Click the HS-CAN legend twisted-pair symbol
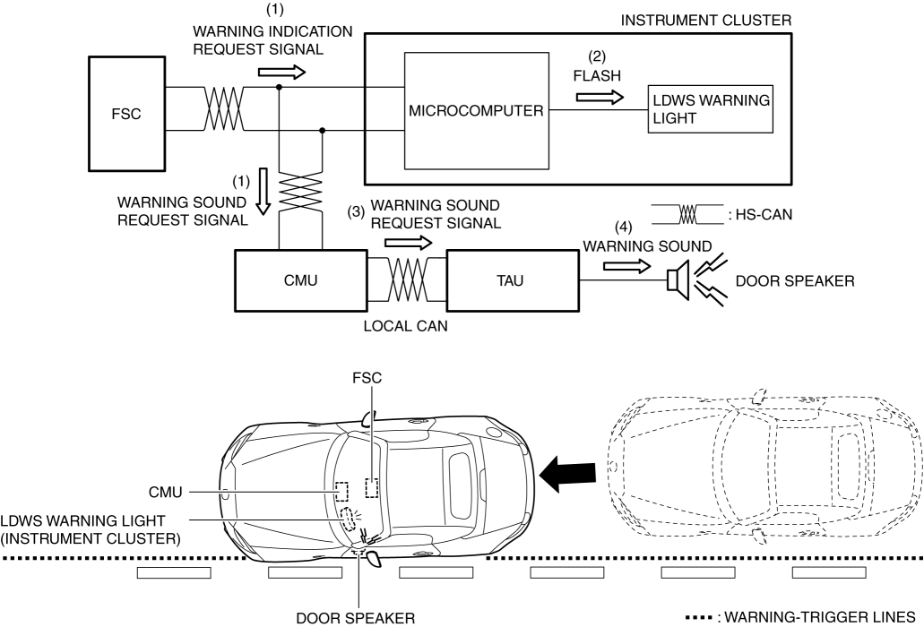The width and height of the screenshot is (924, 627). pos(687,215)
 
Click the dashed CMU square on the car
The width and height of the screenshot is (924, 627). pos(341,489)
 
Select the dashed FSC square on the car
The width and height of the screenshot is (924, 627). pos(372,487)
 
